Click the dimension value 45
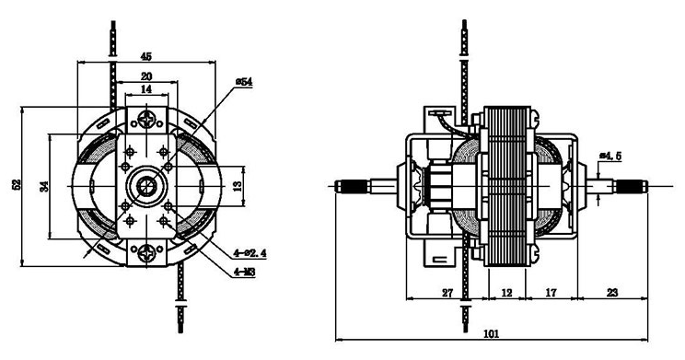click(145, 56)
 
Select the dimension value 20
click(146, 76)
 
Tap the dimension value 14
click(146, 89)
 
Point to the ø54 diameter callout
click(244, 82)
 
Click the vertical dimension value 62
click(17, 184)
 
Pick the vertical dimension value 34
click(43, 187)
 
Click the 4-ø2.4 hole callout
click(250, 253)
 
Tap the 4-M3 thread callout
click(245, 273)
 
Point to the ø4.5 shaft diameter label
click(610, 156)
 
